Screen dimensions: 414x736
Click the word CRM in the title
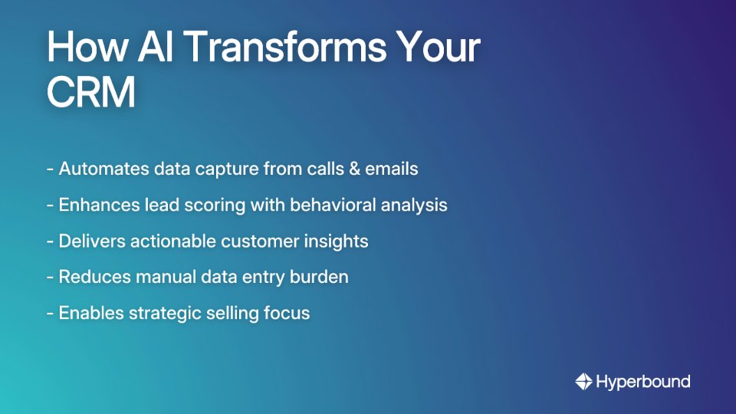point(91,93)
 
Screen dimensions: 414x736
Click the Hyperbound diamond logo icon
point(583,381)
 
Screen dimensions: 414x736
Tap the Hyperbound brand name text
point(643,381)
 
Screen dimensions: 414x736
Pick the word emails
point(393,169)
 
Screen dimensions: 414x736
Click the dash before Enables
point(50,313)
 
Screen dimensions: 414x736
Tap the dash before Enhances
point(50,205)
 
